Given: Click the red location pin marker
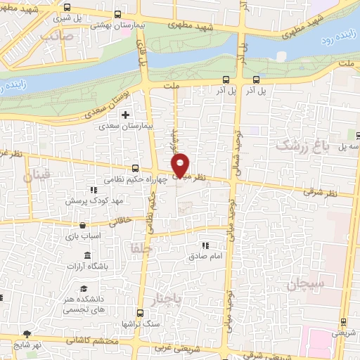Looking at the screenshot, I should tap(181, 165).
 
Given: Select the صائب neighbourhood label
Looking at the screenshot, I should tap(58, 34).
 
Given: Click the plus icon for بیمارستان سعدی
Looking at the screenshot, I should tap(125, 115).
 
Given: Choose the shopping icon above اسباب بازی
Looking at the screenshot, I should tap(84, 226).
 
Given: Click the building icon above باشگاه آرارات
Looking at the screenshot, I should tap(84, 257).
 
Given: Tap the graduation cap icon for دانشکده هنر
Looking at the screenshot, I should tap(84, 290).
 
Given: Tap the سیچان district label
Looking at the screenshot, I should tap(303, 285).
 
